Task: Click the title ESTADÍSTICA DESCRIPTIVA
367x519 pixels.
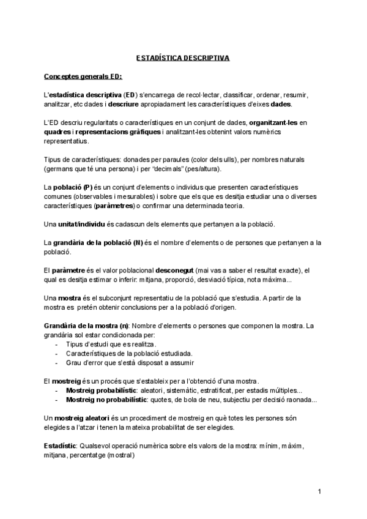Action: click(182, 59)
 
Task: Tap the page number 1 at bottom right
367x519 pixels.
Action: click(320, 491)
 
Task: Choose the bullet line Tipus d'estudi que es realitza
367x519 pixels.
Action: click(107, 345)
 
